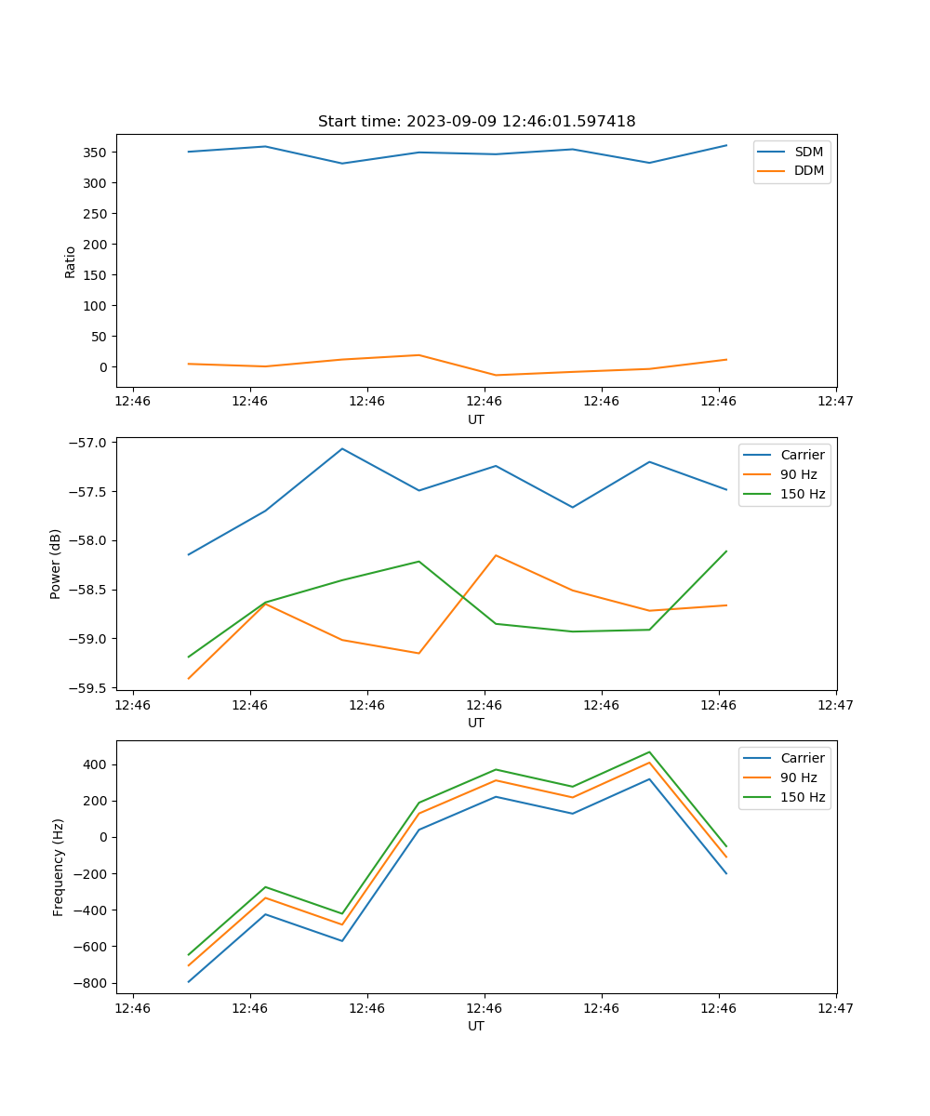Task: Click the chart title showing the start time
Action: (476, 122)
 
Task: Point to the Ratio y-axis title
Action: (70, 261)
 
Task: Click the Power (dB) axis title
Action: (56, 564)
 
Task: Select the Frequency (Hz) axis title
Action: (59, 867)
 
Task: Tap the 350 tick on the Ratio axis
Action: (96, 152)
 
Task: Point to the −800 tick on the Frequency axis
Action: (91, 983)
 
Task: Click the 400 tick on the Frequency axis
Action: (96, 764)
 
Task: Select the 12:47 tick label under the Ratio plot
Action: (835, 402)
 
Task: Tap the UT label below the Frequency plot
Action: (476, 1026)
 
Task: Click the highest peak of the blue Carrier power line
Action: (342, 448)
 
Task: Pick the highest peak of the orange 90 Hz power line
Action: (496, 555)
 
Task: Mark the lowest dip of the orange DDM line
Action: (496, 376)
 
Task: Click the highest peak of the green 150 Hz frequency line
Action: (649, 752)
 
